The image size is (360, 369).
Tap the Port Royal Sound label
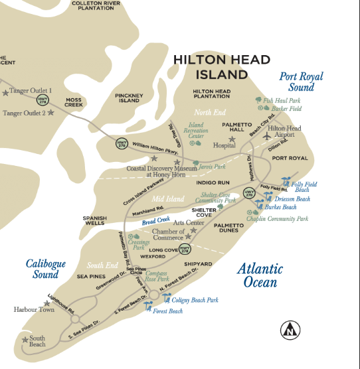(x=301, y=82)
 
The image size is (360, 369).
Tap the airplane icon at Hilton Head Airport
(x=267, y=135)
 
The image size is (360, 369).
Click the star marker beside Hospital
(x=232, y=139)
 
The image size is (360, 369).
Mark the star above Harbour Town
(x=46, y=303)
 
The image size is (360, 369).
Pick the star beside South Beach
(x=26, y=340)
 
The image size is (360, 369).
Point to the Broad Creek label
(x=155, y=219)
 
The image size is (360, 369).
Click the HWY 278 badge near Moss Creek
(x=42, y=100)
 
